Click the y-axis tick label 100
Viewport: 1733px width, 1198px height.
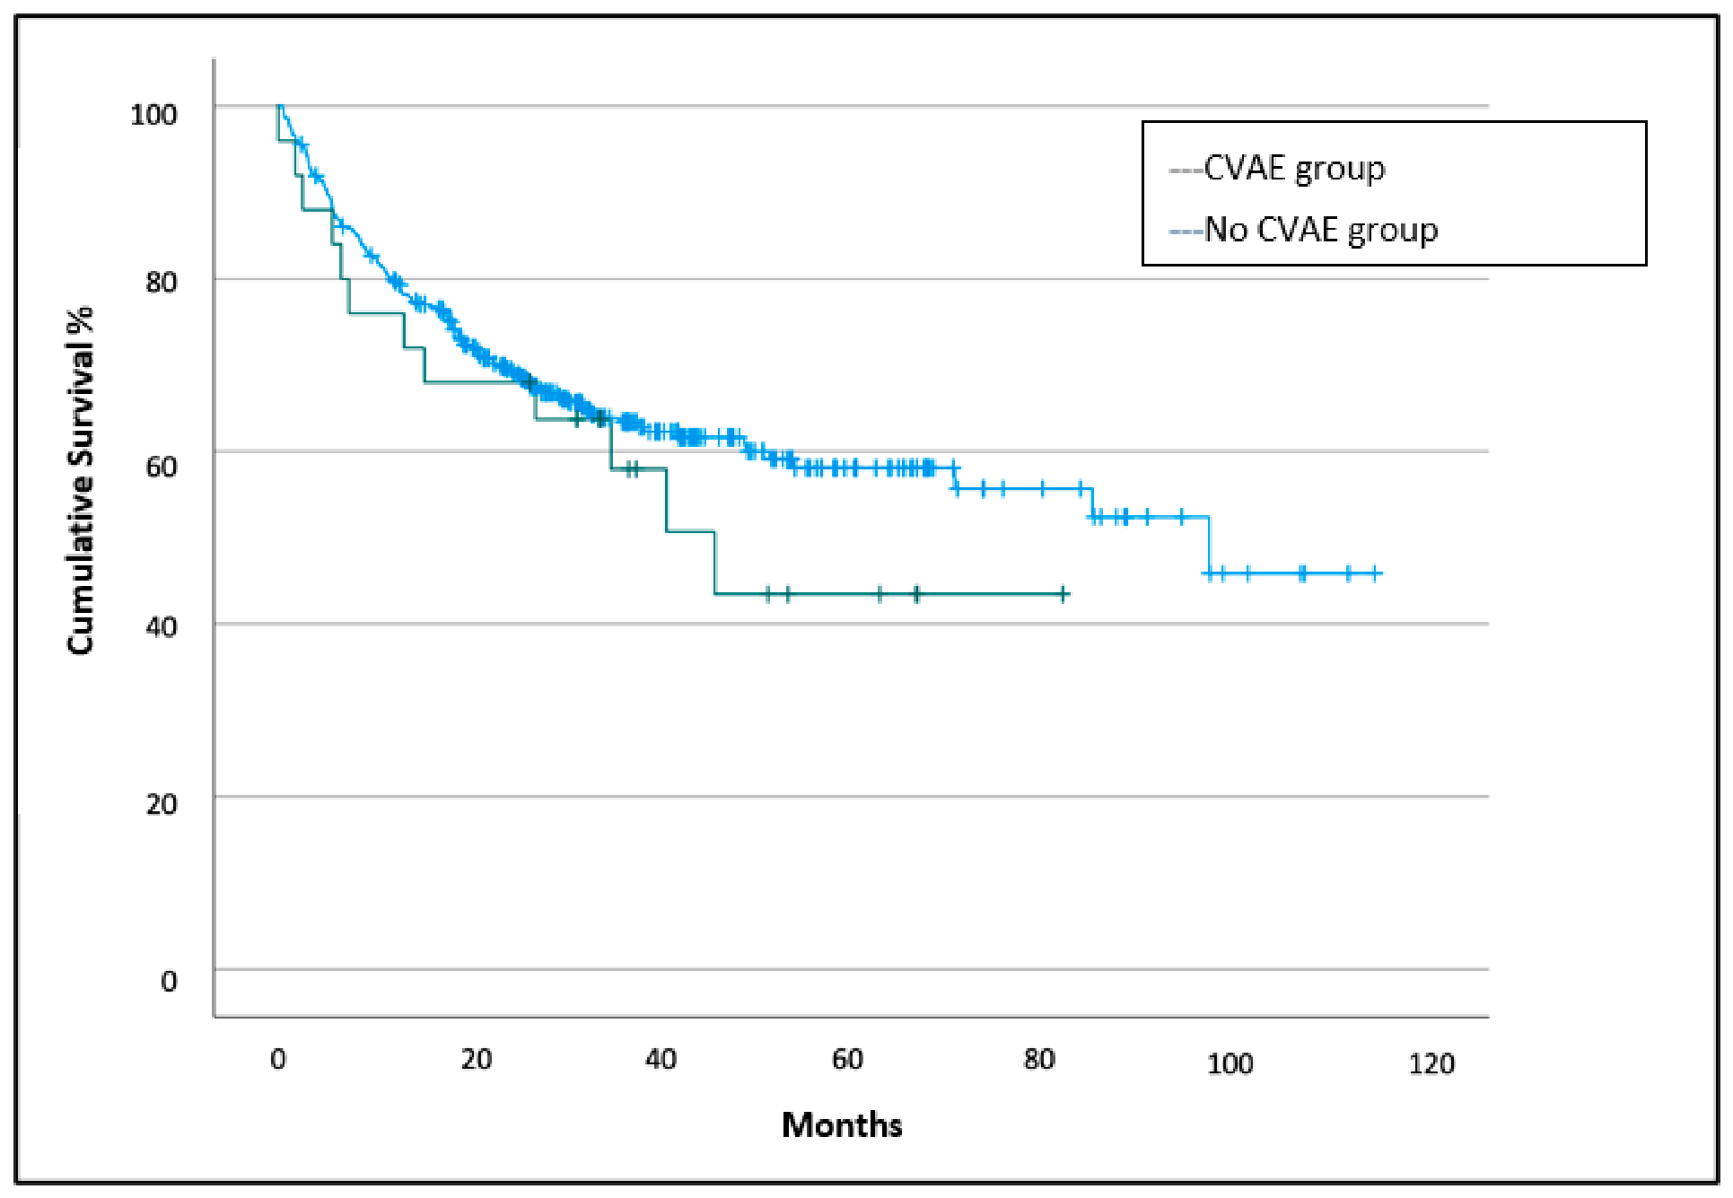[153, 114]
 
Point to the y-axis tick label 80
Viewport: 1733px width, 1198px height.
[162, 282]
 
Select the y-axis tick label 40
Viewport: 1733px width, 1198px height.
[162, 626]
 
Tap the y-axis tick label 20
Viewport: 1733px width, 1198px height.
[162, 803]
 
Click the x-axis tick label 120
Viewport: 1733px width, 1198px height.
[1431, 1063]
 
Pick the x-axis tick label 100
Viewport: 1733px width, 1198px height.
[1230, 1063]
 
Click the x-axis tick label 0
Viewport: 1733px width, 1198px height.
[278, 1059]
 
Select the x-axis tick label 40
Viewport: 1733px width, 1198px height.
[661, 1059]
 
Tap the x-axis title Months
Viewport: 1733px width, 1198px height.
[842, 1124]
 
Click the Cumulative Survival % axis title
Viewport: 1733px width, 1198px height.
[80, 481]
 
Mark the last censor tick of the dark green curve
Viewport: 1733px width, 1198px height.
[1063, 594]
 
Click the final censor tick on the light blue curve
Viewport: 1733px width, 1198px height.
[1376, 573]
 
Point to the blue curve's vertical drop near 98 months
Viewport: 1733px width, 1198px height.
[1209, 545]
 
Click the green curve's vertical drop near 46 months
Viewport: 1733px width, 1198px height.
[715, 563]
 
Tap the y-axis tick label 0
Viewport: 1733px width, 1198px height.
[169, 980]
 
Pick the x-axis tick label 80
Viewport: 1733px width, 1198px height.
[1039, 1059]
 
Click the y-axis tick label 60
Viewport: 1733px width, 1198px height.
[162, 466]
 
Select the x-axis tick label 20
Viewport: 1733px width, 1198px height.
[477, 1059]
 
